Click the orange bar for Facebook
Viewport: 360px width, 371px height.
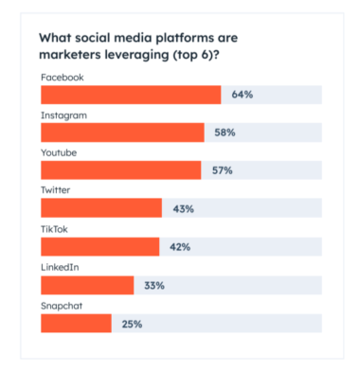[130, 95]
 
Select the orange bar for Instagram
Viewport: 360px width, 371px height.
[121, 132]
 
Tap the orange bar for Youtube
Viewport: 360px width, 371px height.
[120, 170]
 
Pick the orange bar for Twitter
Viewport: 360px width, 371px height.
[100, 209]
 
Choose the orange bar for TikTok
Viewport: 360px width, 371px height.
[99, 247]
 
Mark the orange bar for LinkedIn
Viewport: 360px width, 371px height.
[87, 286]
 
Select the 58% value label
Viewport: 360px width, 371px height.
[224, 132]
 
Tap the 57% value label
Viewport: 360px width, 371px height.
[221, 170]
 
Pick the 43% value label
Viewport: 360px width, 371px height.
[182, 209]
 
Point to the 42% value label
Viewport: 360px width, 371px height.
[180, 247]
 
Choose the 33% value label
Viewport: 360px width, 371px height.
[154, 286]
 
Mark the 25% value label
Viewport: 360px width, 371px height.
[132, 324]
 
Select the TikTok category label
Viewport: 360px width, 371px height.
[55, 228]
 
